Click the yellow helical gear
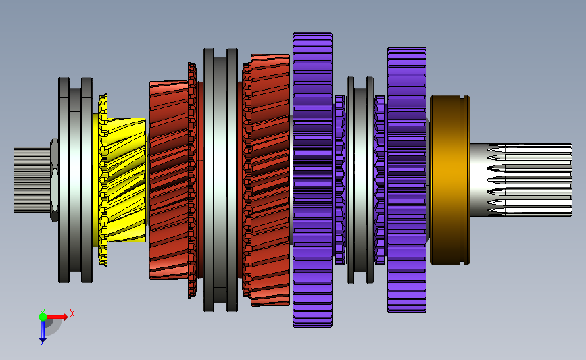tap(126, 180)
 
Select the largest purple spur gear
tap(312, 180)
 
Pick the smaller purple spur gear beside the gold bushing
tap(407, 180)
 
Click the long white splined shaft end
tap(521, 180)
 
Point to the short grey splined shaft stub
tap(32, 180)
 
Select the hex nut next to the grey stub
tap(54, 180)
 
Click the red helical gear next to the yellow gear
tap(168, 180)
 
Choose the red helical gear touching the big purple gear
tap(270, 180)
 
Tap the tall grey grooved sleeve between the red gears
tap(220, 180)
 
